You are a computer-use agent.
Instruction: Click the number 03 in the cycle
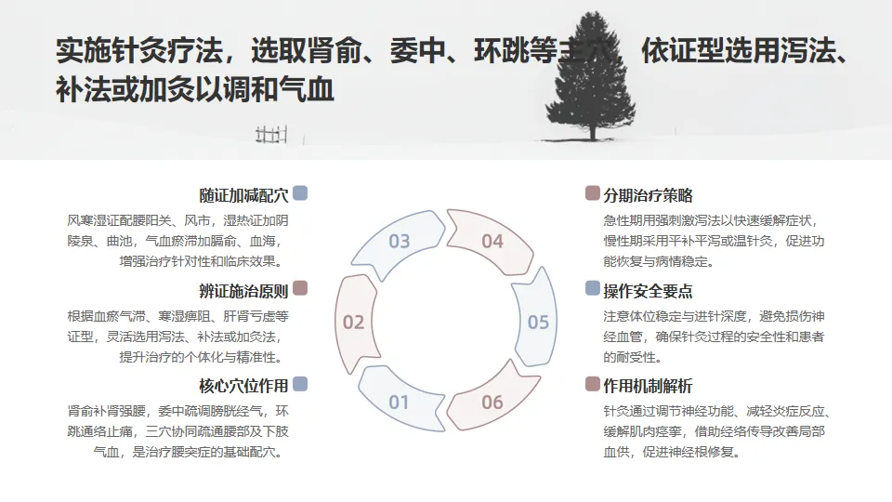point(400,242)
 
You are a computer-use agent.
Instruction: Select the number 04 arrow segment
point(492,242)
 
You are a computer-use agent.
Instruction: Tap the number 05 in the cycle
point(538,323)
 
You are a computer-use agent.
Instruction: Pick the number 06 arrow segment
point(492,403)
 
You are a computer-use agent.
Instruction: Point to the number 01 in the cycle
point(399,403)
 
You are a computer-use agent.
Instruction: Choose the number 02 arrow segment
point(353,323)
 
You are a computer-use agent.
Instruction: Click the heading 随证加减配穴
point(243,195)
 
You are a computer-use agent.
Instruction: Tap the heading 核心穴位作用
point(243,386)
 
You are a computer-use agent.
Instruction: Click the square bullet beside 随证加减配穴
point(300,193)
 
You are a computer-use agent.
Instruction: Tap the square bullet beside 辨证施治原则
point(300,288)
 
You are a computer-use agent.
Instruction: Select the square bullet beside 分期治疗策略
point(593,193)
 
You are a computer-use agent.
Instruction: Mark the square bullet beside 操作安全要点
point(593,288)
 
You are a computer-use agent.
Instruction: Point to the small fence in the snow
point(269,135)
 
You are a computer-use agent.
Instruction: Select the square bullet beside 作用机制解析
point(593,384)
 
